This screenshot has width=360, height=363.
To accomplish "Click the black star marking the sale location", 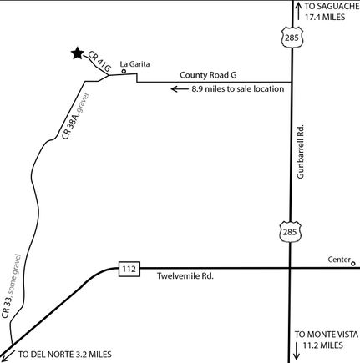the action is click(x=78, y=53).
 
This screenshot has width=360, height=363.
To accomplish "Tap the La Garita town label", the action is click(x=134, y=64).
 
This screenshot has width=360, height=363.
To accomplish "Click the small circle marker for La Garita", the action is click(x=124, y=72).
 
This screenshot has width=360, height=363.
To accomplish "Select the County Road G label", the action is click(x=208, y=75).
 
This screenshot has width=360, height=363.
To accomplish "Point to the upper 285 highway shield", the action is click(x=292, y=38).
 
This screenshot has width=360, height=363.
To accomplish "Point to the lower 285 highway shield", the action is click(x=290, y=231).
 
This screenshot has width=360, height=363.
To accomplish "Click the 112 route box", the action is click(x=129, y=269).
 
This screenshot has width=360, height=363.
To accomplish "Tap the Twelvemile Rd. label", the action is click(x=185, y=276).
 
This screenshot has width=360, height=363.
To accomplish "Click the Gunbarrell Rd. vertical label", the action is click(x=301, y=152).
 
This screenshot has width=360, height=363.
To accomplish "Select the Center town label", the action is click(x=339, y=260).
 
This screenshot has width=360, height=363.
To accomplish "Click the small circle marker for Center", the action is click(x=353, y=263).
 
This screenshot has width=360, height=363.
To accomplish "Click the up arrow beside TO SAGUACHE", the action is click(x=298, y=11).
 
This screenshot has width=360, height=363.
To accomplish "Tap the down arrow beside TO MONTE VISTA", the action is click(x=297, y=350).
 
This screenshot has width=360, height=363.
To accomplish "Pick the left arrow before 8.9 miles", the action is click(x=180, y=89).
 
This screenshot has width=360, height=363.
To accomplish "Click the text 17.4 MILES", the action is click(x=325, y=17).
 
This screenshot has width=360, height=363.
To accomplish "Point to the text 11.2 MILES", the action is click(x=322, y=345).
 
